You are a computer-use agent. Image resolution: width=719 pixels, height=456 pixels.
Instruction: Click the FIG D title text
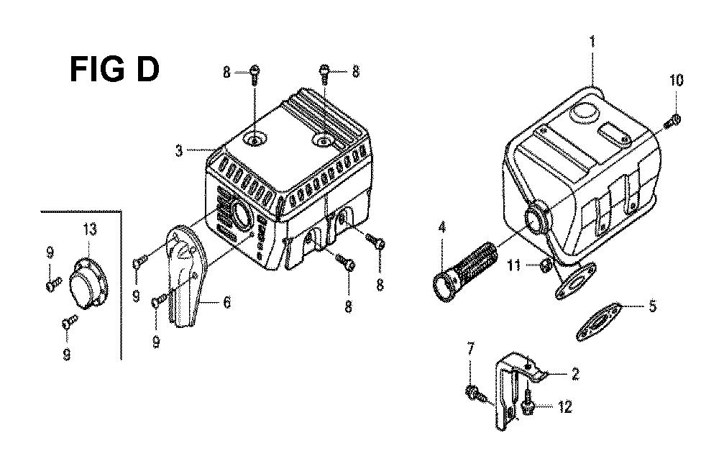(x=114, y=70)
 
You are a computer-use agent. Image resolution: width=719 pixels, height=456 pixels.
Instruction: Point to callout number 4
(x=441, y=229)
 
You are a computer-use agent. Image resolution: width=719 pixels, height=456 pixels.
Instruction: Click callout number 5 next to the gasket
(x=651, y=306)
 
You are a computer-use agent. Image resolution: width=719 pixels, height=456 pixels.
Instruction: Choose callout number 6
(x=226, y=304)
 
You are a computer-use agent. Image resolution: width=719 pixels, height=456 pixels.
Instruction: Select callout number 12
(x=564, y=408)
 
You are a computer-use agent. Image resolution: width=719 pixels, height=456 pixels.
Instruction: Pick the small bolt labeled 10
(x=674, y=119)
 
